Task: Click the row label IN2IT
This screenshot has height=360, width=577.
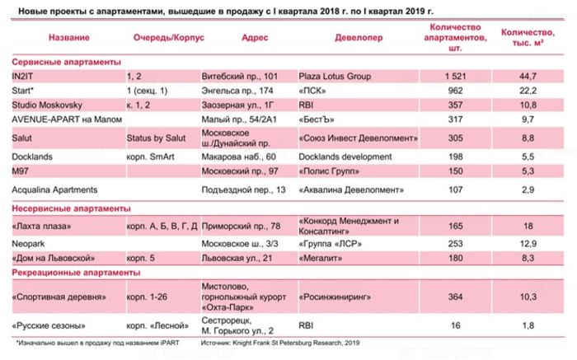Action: pos(25,76)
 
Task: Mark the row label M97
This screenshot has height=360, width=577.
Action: pos(22,171)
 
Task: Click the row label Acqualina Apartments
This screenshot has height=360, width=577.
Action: pos(55,189)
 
